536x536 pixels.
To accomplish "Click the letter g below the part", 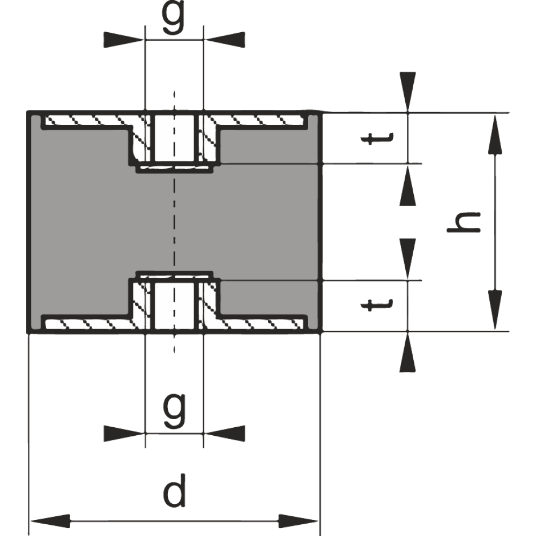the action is point(175,410).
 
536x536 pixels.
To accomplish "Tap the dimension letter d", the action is point(175,490).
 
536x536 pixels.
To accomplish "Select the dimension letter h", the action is point(464,222).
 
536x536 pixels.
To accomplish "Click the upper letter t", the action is point(377,138).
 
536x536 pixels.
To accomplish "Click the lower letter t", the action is point(377,305).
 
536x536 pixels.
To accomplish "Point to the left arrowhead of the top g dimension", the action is point(124,40).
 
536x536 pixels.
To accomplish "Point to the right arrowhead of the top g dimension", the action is point(225,40).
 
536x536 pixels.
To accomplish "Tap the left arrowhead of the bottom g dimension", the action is point(124,434).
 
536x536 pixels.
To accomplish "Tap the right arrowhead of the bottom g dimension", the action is point(225,434).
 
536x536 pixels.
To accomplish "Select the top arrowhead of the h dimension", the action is point(495,136).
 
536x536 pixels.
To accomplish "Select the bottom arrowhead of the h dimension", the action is point(495,310).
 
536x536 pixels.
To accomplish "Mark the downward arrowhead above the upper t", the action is point(408,92).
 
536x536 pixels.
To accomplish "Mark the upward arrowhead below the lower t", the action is point(407,352).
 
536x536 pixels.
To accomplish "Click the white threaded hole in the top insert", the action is point(174,138).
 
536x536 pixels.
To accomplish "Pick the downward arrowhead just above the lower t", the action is point(407,258).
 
